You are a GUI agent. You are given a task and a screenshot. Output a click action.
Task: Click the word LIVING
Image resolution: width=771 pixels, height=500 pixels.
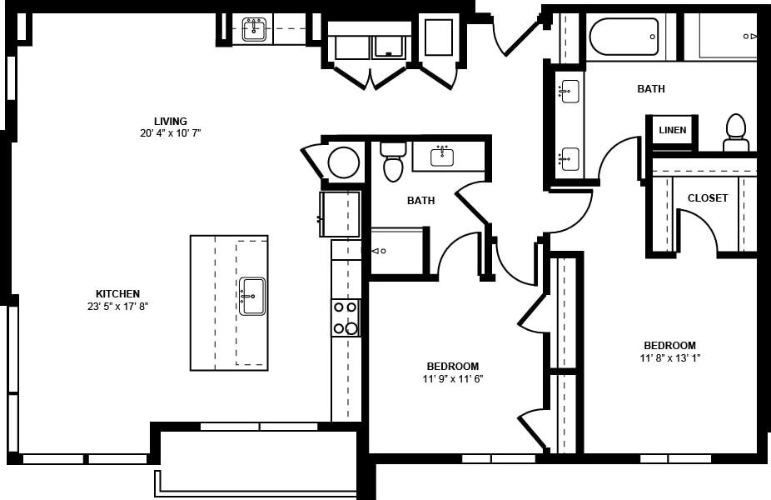pos(170,121)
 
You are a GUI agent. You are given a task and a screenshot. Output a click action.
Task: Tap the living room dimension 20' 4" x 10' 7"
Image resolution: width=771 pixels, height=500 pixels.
pos(170,132)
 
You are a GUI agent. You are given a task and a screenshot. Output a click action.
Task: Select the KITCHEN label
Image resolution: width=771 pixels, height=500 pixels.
pos(117,293)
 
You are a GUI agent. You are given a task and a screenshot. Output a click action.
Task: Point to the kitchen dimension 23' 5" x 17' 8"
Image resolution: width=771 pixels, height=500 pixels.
pos(117,306)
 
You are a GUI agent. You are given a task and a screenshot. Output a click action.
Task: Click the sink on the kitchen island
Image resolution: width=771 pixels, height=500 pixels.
pos(252,296)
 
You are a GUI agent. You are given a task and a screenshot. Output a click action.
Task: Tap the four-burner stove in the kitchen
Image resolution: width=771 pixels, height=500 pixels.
pos(346,317)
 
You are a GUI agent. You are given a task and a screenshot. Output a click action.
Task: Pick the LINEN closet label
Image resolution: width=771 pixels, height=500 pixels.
pos(672,130)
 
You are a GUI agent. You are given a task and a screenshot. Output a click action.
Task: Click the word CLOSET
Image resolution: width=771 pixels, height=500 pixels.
pos(707,198)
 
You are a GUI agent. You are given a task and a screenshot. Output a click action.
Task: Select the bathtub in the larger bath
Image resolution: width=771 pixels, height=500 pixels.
pos(624,37)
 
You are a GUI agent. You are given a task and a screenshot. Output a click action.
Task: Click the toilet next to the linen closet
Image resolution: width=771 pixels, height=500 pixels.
pos(735,133)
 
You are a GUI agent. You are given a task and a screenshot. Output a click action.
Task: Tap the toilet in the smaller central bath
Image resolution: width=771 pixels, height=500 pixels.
pos(393,161)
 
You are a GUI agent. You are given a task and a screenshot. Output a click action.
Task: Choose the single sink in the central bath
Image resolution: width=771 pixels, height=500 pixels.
pos(442,156)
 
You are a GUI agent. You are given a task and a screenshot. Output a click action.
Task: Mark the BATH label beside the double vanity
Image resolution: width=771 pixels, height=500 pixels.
pos(650,88)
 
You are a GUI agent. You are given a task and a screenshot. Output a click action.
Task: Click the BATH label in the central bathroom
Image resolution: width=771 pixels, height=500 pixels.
pos(420,200)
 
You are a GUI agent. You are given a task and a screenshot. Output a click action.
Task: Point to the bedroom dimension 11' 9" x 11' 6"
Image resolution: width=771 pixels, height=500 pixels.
pos(452,378)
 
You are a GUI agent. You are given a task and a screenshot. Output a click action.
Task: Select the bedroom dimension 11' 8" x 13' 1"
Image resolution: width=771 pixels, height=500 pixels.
pos(669,358)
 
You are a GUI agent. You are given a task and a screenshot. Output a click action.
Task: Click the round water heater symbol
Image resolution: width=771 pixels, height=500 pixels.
pos(343,162)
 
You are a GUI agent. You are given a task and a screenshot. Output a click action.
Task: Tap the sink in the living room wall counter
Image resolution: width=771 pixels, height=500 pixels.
pos(254,29)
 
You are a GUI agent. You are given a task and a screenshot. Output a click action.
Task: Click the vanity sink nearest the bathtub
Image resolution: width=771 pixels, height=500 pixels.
pos(570,91)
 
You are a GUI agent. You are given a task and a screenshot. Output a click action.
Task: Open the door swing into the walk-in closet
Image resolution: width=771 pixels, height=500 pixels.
pos(698,228)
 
